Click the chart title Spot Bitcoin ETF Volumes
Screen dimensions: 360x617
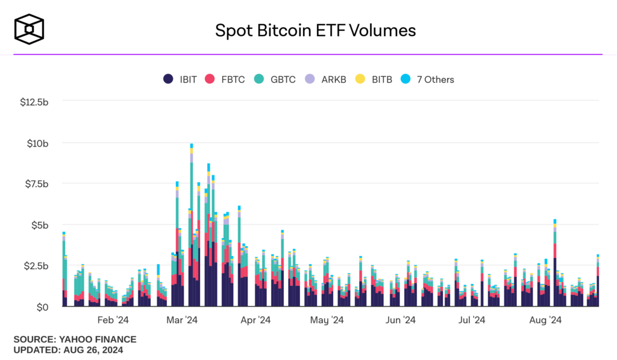pos(315,30)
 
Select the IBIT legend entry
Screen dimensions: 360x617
pos(180,79)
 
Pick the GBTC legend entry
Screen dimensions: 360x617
pos(275,79)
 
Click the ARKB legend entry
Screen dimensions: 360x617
pos(326,79)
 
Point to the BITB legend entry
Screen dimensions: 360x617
pos(374,79)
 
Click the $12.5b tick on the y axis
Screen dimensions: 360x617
pos(34,102)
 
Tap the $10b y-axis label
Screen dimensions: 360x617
pos(37,143)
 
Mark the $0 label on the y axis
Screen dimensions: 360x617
pos(42,307)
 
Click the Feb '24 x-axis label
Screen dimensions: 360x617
pos(113,320)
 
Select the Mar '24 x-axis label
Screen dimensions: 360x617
pos(183,320)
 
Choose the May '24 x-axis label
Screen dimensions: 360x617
pos(327,320)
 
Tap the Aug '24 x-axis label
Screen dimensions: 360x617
pos(545,320)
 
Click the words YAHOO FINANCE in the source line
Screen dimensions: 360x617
pos(98,339)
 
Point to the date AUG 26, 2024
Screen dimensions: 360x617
pos(92,350)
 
